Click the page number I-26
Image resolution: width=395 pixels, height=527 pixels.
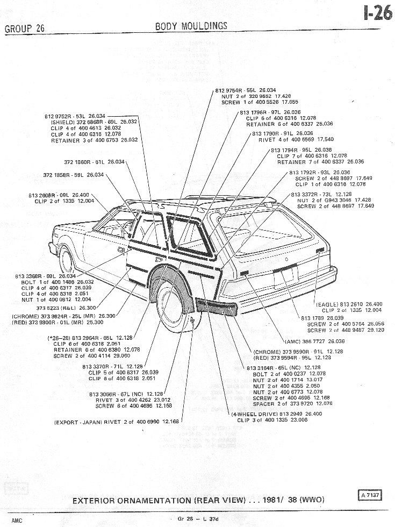378,13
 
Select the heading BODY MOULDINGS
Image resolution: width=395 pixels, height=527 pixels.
191,26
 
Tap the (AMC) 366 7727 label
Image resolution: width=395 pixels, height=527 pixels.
315,341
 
